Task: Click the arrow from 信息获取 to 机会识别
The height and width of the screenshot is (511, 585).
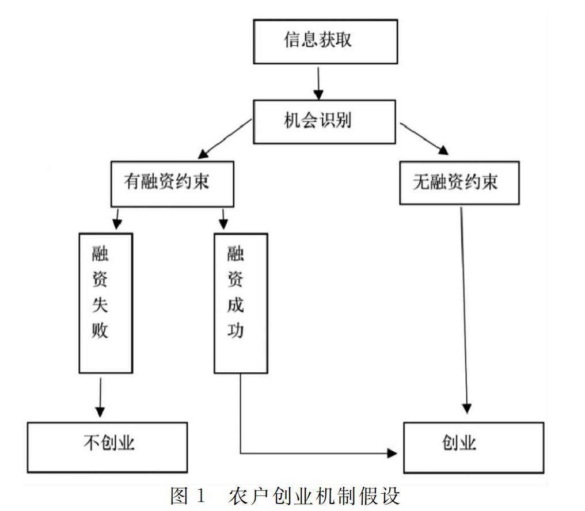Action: [x=318, y=83]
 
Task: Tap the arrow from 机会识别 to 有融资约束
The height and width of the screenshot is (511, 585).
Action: [x=225, y=139]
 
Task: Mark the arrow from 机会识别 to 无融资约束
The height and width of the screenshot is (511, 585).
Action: [x=424, y=138]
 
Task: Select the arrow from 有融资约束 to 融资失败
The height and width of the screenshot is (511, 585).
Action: [x=117, y=219]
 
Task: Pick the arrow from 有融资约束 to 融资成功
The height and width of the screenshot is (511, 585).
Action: [x=223, y=219]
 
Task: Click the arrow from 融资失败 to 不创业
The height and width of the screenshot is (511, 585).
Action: [x=100, y=397]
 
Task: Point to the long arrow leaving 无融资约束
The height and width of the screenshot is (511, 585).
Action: [x=464, y=310]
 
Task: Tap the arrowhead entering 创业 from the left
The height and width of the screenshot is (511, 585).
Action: [x=392, y=453]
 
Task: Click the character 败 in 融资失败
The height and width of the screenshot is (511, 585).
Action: [x=100, y=330]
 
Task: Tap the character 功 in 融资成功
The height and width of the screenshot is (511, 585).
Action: [x=235, y=330]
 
